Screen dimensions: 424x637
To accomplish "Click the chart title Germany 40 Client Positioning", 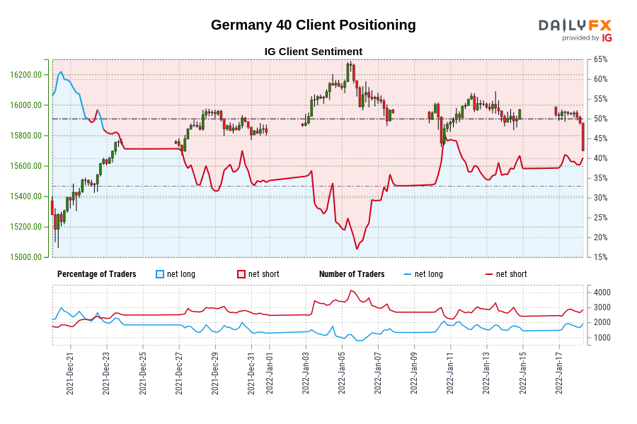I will click(313, 25).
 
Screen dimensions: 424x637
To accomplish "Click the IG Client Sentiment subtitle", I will click(313, 52).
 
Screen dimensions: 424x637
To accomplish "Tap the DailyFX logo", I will click(575, 29).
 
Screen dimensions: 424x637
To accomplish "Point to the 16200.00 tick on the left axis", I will click(25, 75).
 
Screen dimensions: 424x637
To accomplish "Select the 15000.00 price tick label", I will click(25, 257).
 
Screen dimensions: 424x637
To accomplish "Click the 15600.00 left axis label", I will click(25, 166).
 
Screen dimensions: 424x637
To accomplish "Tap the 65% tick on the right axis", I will click(601, 59).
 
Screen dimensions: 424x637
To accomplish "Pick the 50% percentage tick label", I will click(601, 119).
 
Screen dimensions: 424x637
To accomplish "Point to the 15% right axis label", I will click(601, 257).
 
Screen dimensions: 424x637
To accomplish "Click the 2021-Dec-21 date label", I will click(70, 374).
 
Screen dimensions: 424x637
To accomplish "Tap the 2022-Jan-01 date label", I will click(270, 374).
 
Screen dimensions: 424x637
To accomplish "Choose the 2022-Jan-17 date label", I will click(559, 374).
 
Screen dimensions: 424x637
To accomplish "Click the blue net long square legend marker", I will click(160, 274).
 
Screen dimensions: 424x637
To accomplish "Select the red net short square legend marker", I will click(241, 274).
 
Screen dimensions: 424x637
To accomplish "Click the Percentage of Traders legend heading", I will click(96, 274).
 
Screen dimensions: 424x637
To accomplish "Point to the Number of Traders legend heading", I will click(352, 274).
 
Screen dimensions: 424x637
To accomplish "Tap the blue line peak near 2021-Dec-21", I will click(61, 72).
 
